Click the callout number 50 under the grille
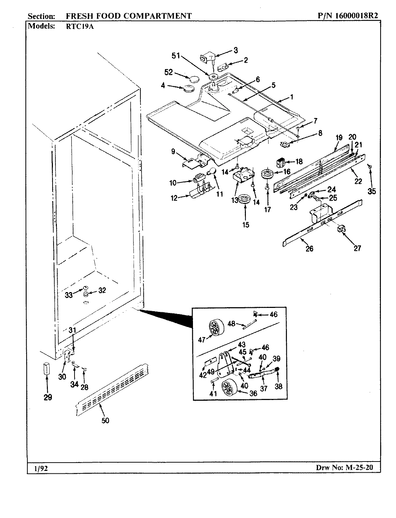105,420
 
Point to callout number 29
48,397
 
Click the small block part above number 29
45,369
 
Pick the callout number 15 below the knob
246,225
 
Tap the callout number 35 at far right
372,191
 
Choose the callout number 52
168,72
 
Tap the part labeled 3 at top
207,58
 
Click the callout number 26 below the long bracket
309,248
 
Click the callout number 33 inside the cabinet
69,295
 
